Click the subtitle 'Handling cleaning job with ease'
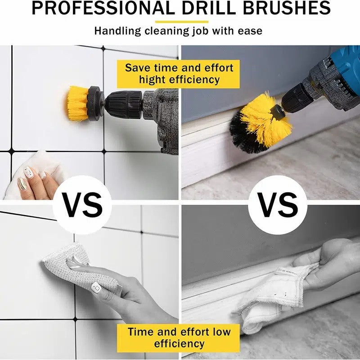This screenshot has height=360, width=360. point(178,31)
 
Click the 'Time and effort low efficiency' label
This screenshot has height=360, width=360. point(179,337)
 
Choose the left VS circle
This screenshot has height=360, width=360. point(82,205)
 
